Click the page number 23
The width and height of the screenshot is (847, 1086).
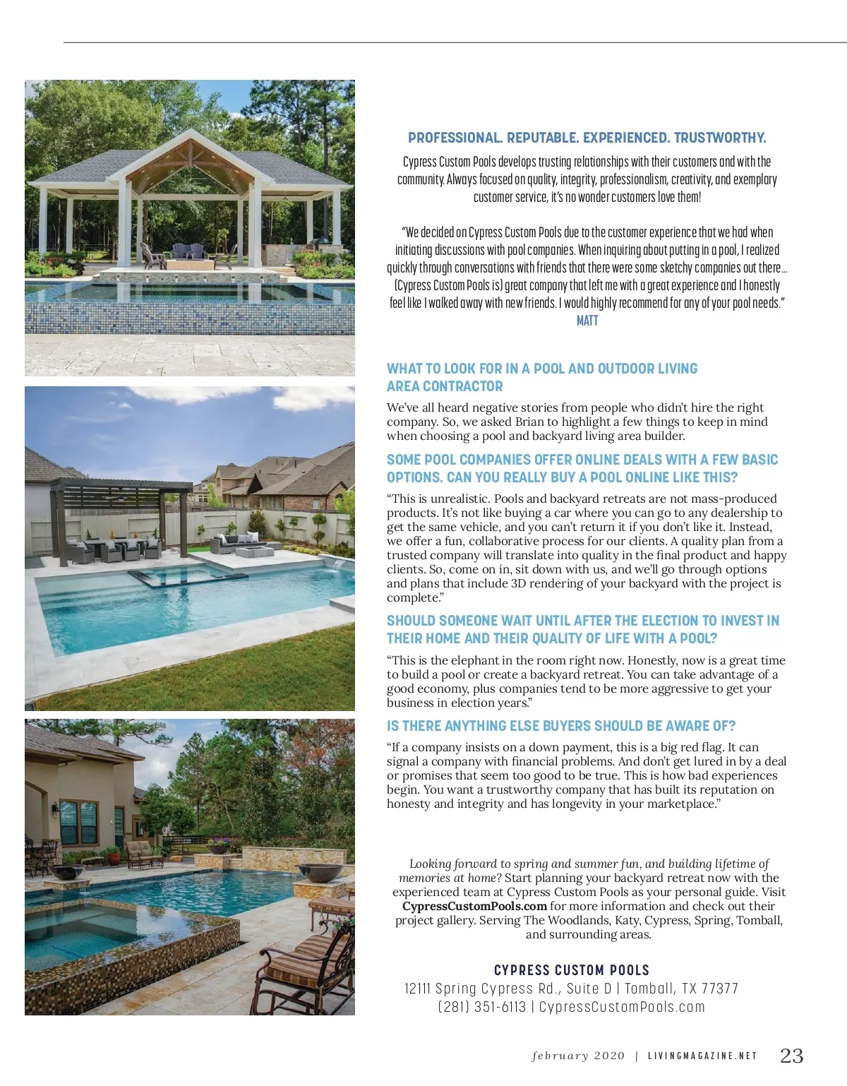[x=791, y=1056]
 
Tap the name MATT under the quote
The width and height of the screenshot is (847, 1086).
[x=587, y=321]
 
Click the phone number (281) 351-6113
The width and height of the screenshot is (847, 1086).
[x=481, y=1007]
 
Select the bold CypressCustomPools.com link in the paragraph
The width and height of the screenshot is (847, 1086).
[x=474, y=906]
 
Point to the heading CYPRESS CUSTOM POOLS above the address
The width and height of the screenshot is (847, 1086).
[x=572, y=970]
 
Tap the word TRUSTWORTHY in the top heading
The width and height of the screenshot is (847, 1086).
[x=720, y=138]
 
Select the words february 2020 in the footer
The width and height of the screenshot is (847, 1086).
[x=578, y=1056]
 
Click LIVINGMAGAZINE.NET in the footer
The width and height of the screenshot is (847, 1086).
[x=702, y=1056]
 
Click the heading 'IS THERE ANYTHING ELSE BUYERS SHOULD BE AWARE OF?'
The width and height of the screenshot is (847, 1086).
[x=561, y=726]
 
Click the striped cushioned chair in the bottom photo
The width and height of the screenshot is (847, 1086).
[x=311, y=967]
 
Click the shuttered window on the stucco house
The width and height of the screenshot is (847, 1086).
[x=78, y=823]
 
